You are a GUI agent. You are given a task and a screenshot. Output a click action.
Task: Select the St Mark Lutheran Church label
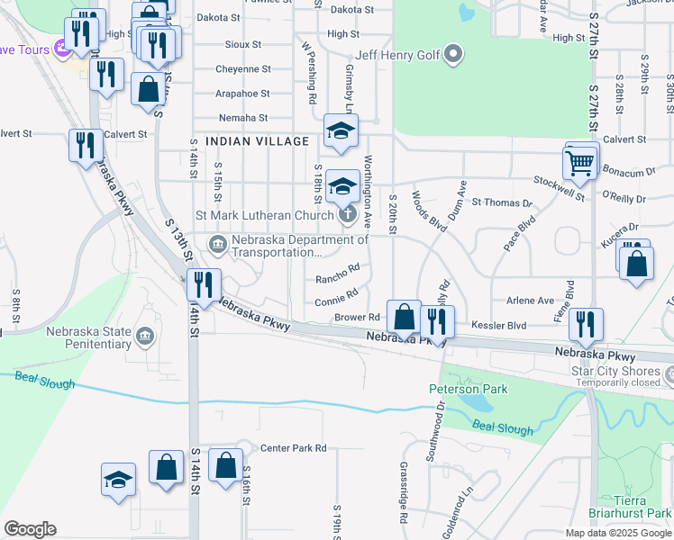[265, 216]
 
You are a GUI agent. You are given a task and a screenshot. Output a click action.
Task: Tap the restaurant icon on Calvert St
[86, 146]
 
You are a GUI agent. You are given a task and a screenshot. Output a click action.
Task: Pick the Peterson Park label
[468, 389]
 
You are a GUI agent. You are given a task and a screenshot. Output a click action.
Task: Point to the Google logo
[30, 529]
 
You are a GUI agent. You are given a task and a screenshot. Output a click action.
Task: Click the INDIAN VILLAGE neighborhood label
[257, 141]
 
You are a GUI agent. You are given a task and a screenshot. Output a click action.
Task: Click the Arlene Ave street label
[531, 301]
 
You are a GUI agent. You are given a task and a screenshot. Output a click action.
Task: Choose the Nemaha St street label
[243, 117]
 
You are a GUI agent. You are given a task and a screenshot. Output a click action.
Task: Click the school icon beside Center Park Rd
[118, 481]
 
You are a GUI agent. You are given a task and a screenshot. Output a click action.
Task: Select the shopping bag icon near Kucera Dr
[636, 264]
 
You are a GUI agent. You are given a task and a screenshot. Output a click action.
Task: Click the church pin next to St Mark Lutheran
[347, 215]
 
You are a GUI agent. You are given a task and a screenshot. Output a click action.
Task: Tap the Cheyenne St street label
[242, 69]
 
